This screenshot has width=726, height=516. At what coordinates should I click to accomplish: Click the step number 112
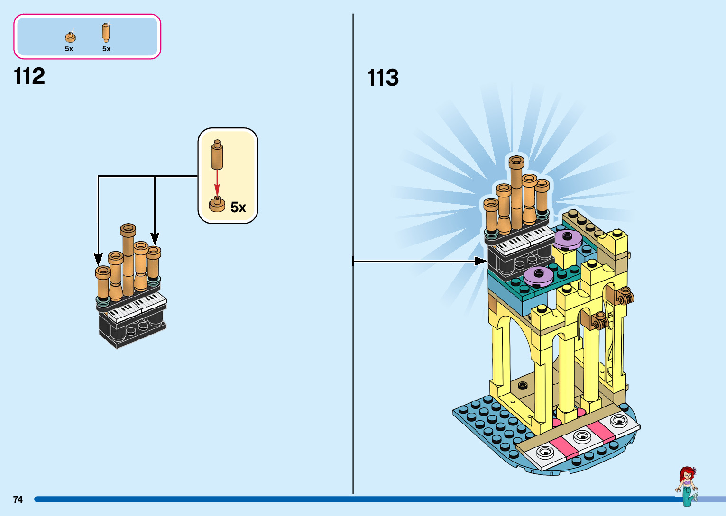pos(29,76)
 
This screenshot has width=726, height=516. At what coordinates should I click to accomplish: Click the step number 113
pos(383,78)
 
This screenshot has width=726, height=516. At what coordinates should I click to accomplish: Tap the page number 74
pos(18,499)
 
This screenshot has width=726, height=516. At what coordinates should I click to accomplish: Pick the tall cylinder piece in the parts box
pos(106,32)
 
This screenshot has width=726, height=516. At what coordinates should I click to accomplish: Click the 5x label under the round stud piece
pos(69,49)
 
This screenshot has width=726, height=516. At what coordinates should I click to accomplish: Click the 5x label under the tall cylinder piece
pos(106,49)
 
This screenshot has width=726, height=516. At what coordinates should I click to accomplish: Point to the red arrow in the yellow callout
pos(217,183)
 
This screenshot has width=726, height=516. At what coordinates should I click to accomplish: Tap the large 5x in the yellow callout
pos(238,208)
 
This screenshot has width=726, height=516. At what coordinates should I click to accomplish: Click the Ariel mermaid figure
pos(687,486)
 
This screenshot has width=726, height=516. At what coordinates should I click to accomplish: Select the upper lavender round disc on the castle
pos(567,239)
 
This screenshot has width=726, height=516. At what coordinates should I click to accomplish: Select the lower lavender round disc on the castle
pos(538,276)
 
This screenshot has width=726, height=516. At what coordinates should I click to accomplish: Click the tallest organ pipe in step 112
pos(129,260)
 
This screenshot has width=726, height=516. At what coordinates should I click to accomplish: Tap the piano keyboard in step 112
pos(136,308)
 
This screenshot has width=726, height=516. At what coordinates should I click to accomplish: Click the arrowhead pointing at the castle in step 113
pos(480,261)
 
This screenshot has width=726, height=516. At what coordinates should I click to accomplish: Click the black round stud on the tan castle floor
pos(523,386)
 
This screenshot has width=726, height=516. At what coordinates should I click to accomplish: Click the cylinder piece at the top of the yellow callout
pos(217,155)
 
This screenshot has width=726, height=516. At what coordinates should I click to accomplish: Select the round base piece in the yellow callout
pos(217,204)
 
